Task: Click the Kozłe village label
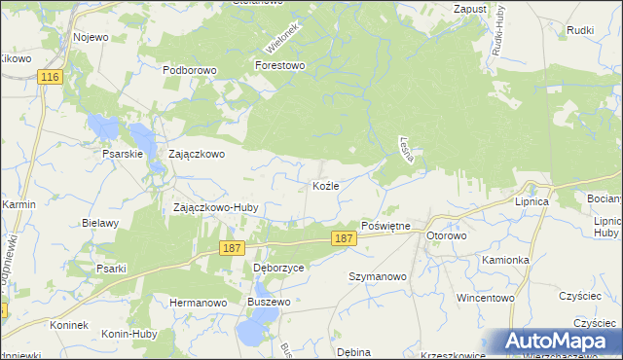click(325, 185)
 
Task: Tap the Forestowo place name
click(280, 66)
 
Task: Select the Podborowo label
click(189, 70)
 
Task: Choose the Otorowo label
click(449, 236)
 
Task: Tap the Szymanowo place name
click(378, 276)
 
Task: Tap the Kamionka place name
click(504, 261)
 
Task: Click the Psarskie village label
click(123, 154)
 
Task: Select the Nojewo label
click(91, 37)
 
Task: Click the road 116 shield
click(51, 76)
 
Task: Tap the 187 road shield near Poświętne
click(343, 238)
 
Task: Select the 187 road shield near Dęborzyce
click(231, 249)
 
